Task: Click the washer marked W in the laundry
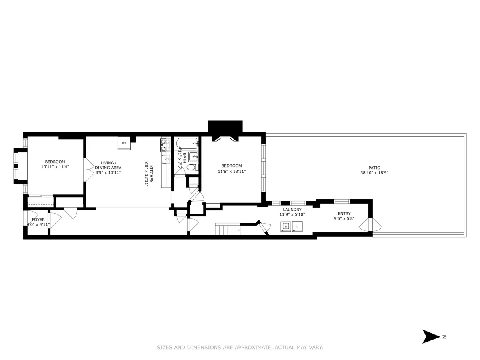tap(286, 227)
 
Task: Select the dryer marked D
tap(298, 227)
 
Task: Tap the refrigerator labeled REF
tap(124, 143)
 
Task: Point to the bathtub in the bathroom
tap(186, 142)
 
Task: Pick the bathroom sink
tap(193, 156)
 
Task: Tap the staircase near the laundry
tap(227, 230)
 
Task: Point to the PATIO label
tap(374, 168)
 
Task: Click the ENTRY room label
tap(344, 214)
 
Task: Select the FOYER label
tap(38, 220)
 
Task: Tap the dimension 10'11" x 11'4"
tap(55, 167)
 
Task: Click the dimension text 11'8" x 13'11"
tap(231, 171)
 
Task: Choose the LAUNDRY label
tap(292, 210)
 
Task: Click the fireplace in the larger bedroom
tap(225, 138)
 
